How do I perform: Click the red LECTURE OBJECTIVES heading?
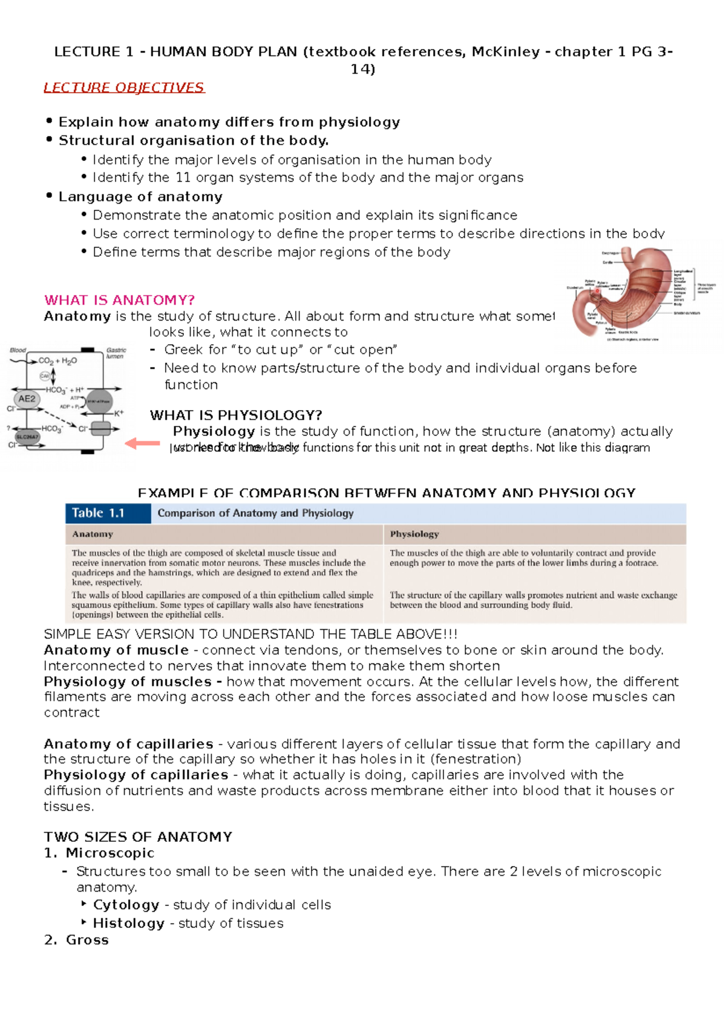(x=124, y=88)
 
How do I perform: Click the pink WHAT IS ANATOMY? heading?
(x=119, y=300)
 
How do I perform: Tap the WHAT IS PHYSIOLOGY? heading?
(x=236, y=415)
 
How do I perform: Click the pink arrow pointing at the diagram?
(x=142, y=444)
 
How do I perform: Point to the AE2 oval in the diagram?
(x=27, y=399)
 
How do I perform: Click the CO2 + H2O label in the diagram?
(x=57, y=361)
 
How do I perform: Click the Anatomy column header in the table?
(x=93, y=534)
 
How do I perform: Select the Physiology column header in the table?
(x=414, y=534)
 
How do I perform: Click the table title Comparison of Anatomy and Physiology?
(x=255, y=513)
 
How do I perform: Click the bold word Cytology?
(x=126, y=905)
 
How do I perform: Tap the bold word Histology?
(x=128, y=923)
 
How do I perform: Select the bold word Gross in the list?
(x=87, y=940)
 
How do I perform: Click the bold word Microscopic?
(x=110, y=853)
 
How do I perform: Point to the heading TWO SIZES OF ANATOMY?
(x=138, y=836)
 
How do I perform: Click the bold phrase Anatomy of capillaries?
(x=128, y=744)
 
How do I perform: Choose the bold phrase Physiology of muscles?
(x=127, y=682)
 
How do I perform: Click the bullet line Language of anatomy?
(x=140, y=197)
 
